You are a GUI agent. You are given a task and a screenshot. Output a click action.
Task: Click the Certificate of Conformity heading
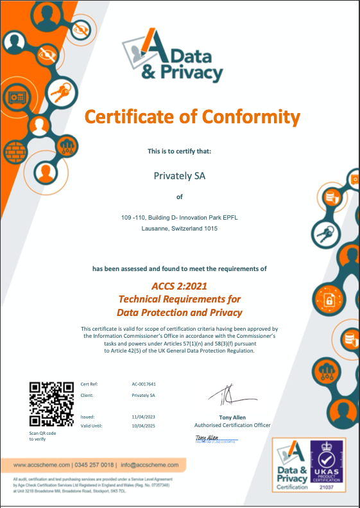pos(193,117)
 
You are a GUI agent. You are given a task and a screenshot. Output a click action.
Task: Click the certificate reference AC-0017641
pos(144,384)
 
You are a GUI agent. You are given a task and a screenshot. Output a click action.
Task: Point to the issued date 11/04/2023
pos(144,416)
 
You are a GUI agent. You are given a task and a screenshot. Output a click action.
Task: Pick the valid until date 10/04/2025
pos(144,425)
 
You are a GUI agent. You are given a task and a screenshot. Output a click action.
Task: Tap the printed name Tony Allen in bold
pos(232,417)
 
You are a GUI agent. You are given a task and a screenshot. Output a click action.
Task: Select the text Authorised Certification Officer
pos(232,425)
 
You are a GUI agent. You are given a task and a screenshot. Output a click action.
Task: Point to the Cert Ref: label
pos(89,384)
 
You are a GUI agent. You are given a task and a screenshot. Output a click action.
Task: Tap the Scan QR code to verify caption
pos(43,437)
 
